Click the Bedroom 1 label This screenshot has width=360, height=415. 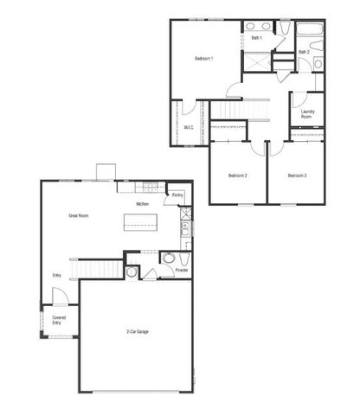(204, 58)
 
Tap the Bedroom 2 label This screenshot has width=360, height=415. (238, 176)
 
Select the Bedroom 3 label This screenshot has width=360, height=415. (297, 176)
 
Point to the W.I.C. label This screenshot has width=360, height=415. (189, 127)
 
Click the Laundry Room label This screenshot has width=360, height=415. (307, 114)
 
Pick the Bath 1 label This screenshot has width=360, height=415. (256, 38)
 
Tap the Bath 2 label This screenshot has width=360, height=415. (304, 52)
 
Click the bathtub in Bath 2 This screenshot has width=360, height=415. (310, 35)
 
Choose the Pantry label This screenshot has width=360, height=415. (177, 195)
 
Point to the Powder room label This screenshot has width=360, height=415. (182, 270)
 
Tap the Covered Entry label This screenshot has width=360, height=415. (59, 320)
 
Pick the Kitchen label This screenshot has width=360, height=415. (142, 204)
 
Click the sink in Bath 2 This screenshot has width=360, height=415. (318, 64)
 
